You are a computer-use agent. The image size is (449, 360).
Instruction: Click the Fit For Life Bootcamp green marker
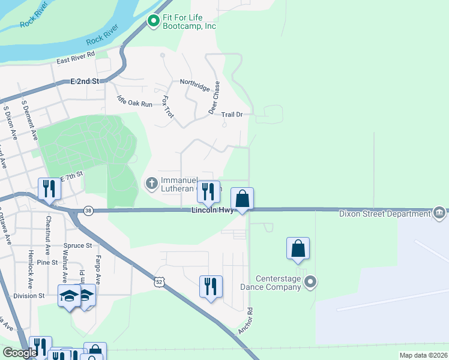(x=153, y=22)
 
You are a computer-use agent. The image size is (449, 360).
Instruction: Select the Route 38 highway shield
(x=89, y=211)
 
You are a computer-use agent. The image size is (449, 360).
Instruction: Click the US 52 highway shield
(x=158, y=281)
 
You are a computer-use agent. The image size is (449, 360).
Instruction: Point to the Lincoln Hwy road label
(x=212, y=211)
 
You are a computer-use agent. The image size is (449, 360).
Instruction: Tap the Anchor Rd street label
(x=246, y=322)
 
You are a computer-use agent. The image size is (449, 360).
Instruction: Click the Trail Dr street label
(x=232, y=114)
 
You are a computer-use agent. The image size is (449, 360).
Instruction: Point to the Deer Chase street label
(x=214, y=98)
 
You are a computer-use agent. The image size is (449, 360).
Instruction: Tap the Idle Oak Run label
(x=134, y=103)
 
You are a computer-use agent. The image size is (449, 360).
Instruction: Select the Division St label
(x=29, y=296)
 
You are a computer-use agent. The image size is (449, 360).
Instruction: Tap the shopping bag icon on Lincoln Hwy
(x=242, y=199)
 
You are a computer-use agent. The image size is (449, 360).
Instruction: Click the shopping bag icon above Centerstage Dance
(x=298, y=248)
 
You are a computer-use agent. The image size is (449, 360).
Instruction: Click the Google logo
(x=20, y=353)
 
